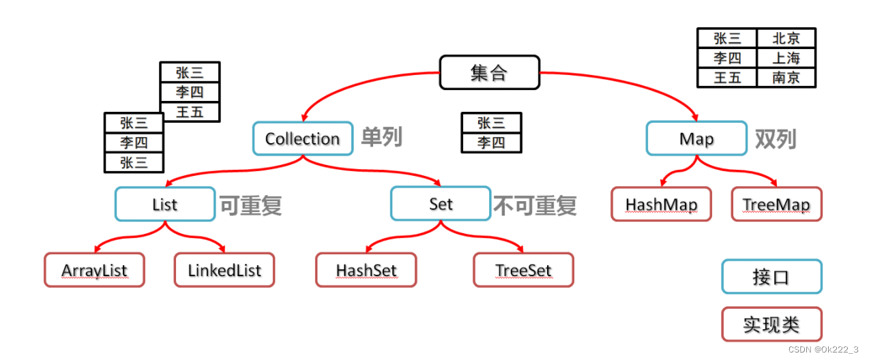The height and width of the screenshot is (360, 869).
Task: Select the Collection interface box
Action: point(303,139)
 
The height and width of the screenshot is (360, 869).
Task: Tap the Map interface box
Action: point(696,139)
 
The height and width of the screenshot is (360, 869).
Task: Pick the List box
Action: point(165,204)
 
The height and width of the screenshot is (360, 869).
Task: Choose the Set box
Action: point(441,204)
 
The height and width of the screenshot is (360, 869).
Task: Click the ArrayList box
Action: point(94,270)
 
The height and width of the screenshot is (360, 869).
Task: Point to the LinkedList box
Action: point(224,270)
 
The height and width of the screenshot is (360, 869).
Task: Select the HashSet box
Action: point(366,270)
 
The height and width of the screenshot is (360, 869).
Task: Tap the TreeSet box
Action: point(523,270)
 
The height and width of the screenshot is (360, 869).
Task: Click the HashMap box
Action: point(661,204)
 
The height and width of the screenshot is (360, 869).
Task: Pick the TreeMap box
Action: point(776,204)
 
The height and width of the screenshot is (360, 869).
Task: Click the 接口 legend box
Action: point(771,277)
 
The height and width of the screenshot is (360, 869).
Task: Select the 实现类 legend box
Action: point(771,325)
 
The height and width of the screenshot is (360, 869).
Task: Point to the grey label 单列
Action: point(382,138)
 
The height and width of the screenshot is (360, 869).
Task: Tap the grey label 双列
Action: point(776,139)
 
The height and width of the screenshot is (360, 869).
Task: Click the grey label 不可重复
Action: point(535,205)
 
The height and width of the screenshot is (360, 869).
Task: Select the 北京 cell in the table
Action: point(786,38)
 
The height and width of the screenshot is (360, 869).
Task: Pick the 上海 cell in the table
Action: point(786,58)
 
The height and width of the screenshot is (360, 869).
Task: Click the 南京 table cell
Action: point(786,77)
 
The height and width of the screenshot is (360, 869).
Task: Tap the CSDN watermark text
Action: point(823,349)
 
